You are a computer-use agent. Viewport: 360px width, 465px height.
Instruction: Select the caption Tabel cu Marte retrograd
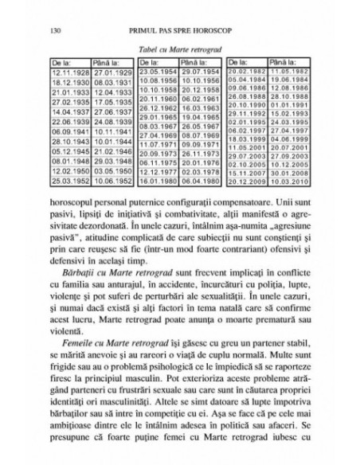(x=179, y=49)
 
